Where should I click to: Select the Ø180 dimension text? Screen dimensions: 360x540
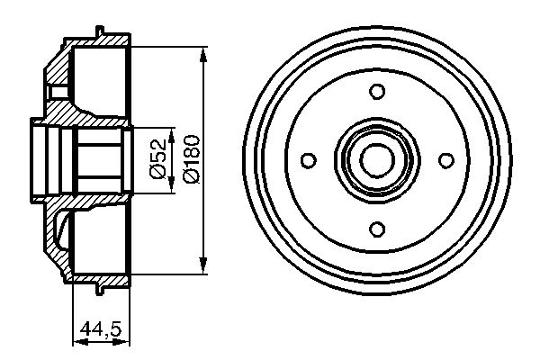190,158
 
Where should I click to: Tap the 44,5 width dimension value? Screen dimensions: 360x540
101,329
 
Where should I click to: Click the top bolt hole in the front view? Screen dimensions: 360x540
377,90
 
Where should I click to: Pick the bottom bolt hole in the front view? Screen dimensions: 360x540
377,229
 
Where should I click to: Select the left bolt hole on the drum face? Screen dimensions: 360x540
308,159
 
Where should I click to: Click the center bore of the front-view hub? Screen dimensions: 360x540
377,159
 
